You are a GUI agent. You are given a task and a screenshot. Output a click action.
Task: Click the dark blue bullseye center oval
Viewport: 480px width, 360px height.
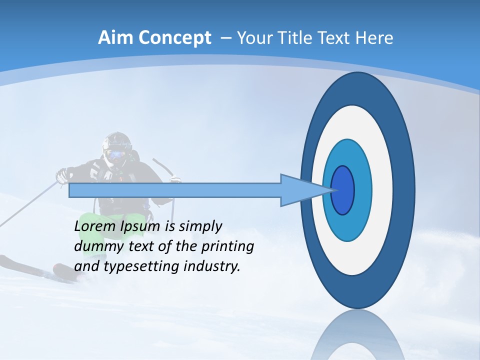pos(342,190)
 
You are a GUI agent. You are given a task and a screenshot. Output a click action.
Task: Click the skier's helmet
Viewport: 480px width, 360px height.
pos(117,141)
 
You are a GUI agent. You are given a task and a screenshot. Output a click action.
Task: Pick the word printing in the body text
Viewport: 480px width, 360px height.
pos(227,246)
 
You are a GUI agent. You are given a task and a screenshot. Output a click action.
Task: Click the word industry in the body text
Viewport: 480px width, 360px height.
pos(212,266)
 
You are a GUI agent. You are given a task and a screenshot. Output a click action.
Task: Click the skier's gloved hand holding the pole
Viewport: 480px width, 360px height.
pos(62,175)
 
